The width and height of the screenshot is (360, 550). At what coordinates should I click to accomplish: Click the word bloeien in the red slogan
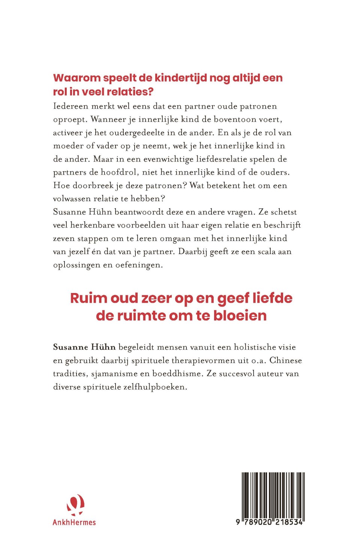click(x=240, y=315)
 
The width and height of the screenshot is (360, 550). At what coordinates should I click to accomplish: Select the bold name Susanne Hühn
click(x=84, y=347)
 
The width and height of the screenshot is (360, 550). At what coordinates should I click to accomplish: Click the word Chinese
click(x=285, y=360)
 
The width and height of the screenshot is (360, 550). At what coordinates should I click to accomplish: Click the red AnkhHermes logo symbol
click(x=75, y=504)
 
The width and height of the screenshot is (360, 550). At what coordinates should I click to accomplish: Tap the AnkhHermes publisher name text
click(x=74, y=522)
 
